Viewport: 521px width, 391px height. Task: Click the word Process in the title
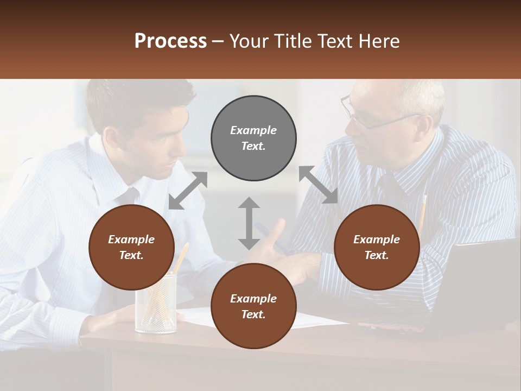click(x=170, y=41)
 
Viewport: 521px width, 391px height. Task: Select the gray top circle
click(x=253, y=138)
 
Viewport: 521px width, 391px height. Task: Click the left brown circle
click(x=131, y=248)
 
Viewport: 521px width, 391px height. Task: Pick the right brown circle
click(x=377, y=248)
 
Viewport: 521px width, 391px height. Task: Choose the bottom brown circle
click(x=253, y=306)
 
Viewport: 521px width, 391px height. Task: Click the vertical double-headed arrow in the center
click(x=249, y=223)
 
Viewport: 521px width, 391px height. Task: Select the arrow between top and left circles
click(x=188, y=191)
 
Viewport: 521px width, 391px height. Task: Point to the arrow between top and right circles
click(x=319, y=185)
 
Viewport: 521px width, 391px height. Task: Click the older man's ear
click(x=424, y=128)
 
